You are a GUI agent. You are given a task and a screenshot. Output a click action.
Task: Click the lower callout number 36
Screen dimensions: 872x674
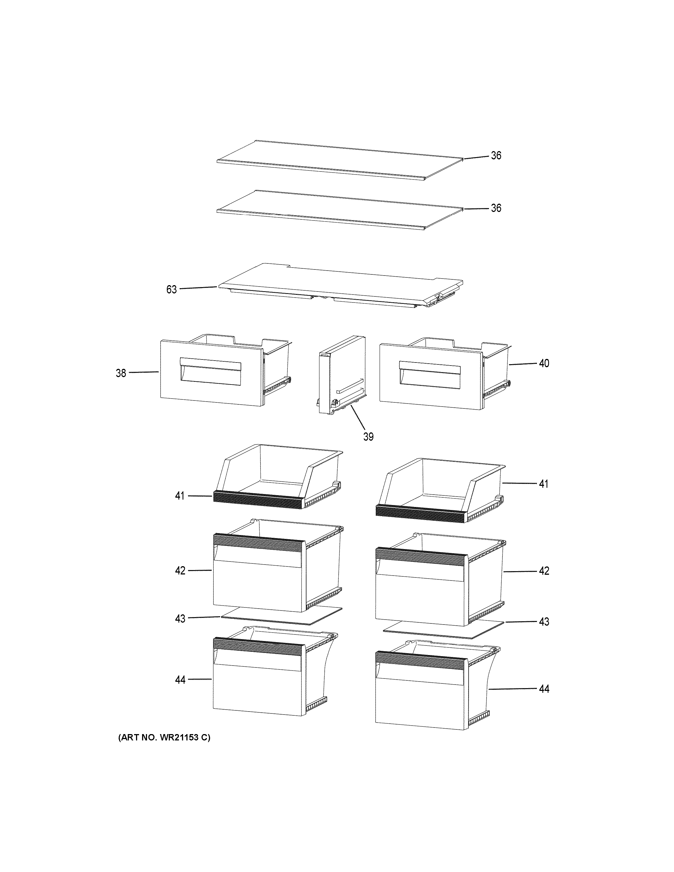(x=496, y=208)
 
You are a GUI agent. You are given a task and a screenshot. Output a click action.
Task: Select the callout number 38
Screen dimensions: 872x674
(x=121, y=373)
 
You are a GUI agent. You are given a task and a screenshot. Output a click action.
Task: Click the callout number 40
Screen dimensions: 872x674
(x=544, y=363)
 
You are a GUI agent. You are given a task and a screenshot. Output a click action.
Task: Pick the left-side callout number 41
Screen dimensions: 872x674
(x=180, y=496)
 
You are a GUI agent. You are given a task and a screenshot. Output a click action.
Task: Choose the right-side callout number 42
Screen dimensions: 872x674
(x=544, y=571)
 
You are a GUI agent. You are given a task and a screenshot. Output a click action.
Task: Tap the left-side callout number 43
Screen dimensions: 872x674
(x=180, y=618)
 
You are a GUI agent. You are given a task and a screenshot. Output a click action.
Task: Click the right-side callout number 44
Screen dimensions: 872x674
(x=544, y=689)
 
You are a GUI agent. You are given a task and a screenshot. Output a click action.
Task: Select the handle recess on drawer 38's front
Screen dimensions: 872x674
(x=210, y=371)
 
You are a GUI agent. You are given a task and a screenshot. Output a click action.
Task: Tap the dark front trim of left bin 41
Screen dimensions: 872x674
(x=257, y=500)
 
